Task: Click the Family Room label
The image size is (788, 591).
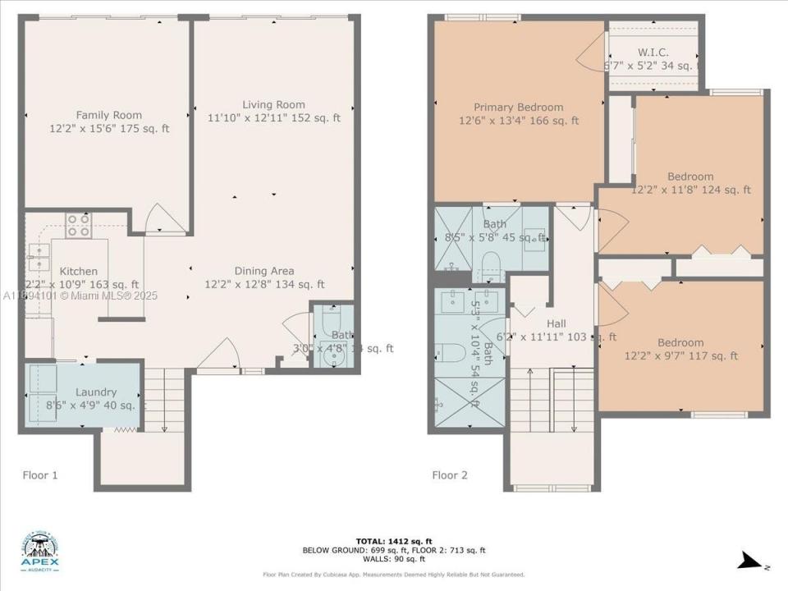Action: pyautogui.click(x=108, y=116)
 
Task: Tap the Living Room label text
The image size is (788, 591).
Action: pyautogui.click(x=273, y=105)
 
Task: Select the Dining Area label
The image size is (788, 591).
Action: pyautogui.click(x=264, y=272)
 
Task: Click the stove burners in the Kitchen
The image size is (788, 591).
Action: pyautogui.click(x=78, y=225)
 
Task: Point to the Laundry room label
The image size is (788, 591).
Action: pyautogui.click(x=96, y=392)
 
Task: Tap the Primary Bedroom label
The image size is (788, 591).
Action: pyautogui.click(x=518, y=108)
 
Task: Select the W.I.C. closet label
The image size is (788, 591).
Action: pyautogui.click(x=652, y=53)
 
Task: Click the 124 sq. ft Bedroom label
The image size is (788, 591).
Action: pyautogui.click(x=690, y=176)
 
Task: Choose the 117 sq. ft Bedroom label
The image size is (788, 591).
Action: pyautogui.click(x=680, y=343)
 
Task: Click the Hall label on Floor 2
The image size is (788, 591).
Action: pyautogui.click(x=556, y=323)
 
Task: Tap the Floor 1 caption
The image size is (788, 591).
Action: pyautogui.click(x=39, y=474)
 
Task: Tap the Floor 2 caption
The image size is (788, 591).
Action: pyautogui.click(x=450, y=474)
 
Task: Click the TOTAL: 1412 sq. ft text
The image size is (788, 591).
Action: pyautogui.click(x=394, y=541)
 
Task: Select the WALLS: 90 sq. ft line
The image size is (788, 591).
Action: pyautogui.click(x=394, y=559)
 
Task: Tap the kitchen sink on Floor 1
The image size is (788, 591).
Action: pyautogui.click(x=38, y=257)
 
